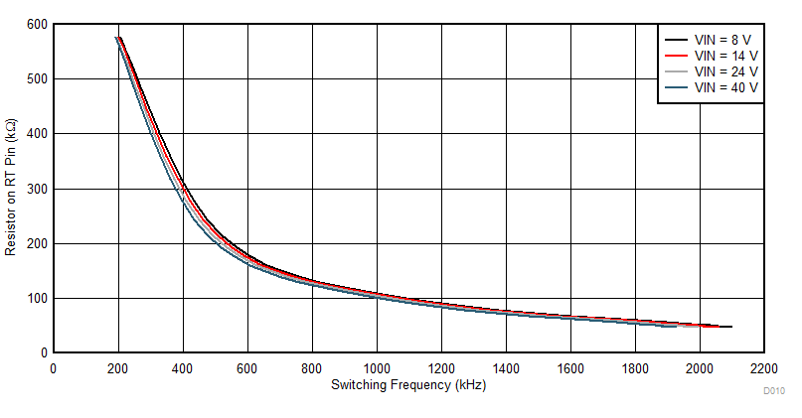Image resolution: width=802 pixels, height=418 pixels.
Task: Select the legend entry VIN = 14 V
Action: tap(725, 56)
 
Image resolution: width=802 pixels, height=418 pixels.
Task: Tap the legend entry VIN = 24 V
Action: tap(725, 71)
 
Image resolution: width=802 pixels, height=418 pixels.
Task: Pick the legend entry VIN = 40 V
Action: tap(725, 87)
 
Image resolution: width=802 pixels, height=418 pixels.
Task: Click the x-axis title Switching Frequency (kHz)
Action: tap(408, 384)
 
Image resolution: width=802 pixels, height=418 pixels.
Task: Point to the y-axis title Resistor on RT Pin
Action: tap(11, 188)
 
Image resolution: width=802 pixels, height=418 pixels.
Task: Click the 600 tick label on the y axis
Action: tap(37, 24)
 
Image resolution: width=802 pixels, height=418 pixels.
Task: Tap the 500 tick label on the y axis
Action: tap(37, 78)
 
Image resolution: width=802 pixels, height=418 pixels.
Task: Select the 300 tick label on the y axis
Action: tap(37, 189)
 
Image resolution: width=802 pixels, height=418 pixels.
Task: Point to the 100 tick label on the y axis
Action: tap(37, 298)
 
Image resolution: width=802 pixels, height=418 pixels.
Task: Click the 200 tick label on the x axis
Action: tap(118, 368)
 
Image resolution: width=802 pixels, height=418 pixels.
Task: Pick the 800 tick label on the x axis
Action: tap(312, 368)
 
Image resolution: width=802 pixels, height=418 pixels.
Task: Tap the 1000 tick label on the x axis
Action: tap(377, 368)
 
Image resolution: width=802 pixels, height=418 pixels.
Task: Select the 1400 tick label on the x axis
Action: tap(506, 368)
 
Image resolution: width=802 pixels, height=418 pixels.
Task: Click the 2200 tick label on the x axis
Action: tap(763, 368)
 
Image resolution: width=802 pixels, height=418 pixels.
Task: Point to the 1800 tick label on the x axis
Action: tap(634, 368)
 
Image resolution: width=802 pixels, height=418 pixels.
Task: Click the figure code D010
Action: tap(773, 392)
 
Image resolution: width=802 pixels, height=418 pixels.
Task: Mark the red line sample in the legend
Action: tap(677, 56)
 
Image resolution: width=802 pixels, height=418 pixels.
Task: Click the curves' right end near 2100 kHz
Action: tap(730, 327)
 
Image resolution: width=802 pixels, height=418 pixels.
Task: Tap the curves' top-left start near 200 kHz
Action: tap(118, 39)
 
